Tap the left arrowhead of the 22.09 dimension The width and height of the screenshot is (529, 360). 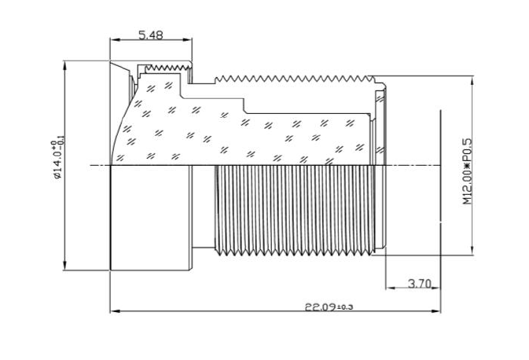[113, 311]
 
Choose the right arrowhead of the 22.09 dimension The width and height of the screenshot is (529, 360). [438, 311]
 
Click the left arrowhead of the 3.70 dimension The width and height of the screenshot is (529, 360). [388, 289]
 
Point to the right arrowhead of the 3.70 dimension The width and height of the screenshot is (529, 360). [438, 289]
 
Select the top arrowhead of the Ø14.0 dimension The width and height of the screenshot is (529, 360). [65, 63]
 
